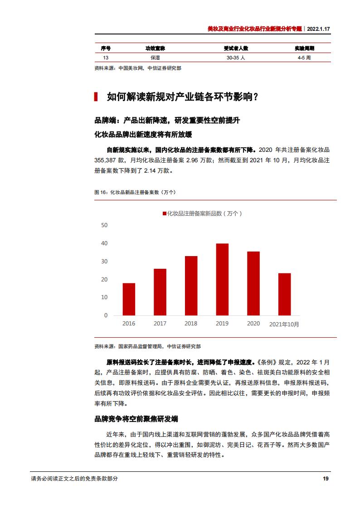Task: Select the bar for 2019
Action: pos(222,279)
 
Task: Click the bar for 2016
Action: pos(129,299)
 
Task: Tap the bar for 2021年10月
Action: pos(284,294)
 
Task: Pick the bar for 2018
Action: pos(191,286)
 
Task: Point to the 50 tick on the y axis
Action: pos(104,225)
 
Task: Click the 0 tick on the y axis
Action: pos(106,315)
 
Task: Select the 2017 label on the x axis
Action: pos(160,324)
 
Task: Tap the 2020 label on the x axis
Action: pos(253,324)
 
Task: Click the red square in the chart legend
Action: pos(164,213)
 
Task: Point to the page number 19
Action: pos(325,479)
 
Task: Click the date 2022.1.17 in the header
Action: pos(319,28)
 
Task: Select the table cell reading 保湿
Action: pos(156,58)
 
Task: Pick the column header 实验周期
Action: pos(304,48)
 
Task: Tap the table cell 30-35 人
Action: pos(236,58)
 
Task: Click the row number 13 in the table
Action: pos(106,58)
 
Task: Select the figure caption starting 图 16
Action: pos(135,193)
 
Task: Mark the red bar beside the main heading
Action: pos(96,97)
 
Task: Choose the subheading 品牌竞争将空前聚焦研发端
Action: pos(136,419)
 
